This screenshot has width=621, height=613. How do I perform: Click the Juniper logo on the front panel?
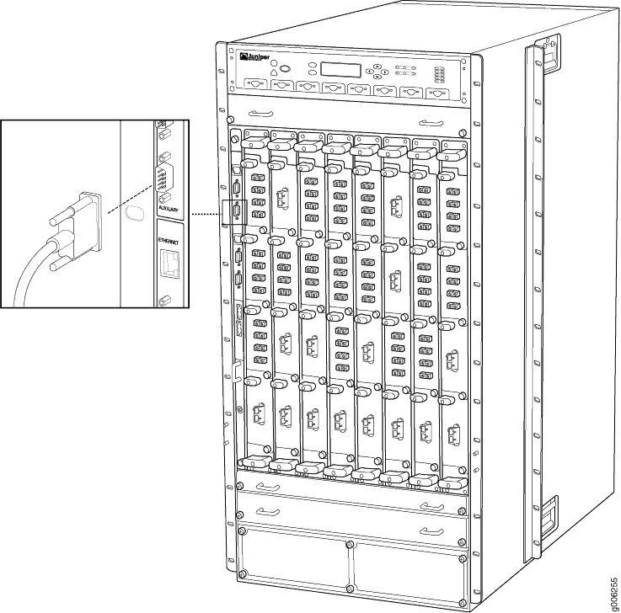254,57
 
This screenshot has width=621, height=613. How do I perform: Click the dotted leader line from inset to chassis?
201,215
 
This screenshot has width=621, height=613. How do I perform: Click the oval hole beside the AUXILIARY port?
130,214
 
